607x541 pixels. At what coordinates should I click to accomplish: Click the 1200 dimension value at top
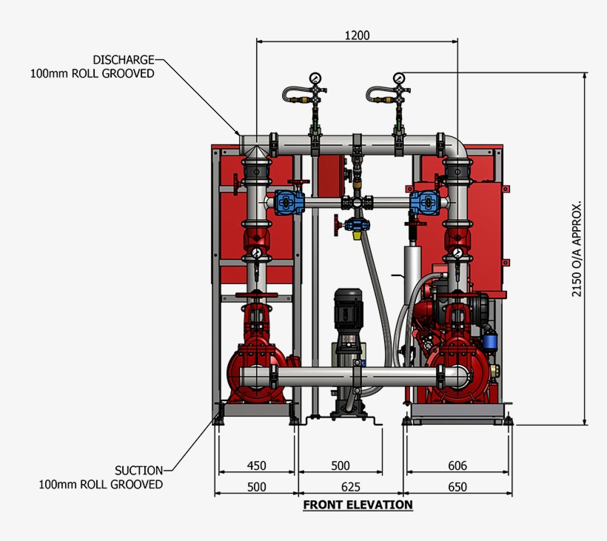(357, 35)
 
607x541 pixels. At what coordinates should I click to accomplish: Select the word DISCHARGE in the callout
(124, 59)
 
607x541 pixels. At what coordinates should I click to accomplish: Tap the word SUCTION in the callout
(138, 470)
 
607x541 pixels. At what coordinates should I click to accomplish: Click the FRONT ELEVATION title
(358, 505)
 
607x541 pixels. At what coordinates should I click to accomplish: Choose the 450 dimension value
(256, 466)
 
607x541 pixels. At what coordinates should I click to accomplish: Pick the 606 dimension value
(457, 466)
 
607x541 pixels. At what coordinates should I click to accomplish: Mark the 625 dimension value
(351, 486)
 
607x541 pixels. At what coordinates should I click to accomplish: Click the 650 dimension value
(457, 486)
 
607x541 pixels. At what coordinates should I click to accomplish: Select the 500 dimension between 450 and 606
(341, 466)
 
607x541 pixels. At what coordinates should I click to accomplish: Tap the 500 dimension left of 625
(256, 486)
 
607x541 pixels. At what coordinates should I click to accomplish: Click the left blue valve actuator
(284, 201)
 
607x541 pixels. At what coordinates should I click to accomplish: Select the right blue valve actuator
(424, 201)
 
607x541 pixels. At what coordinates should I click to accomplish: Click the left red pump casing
(255, 374)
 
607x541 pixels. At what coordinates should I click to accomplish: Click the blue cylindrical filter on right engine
(489, 341)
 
